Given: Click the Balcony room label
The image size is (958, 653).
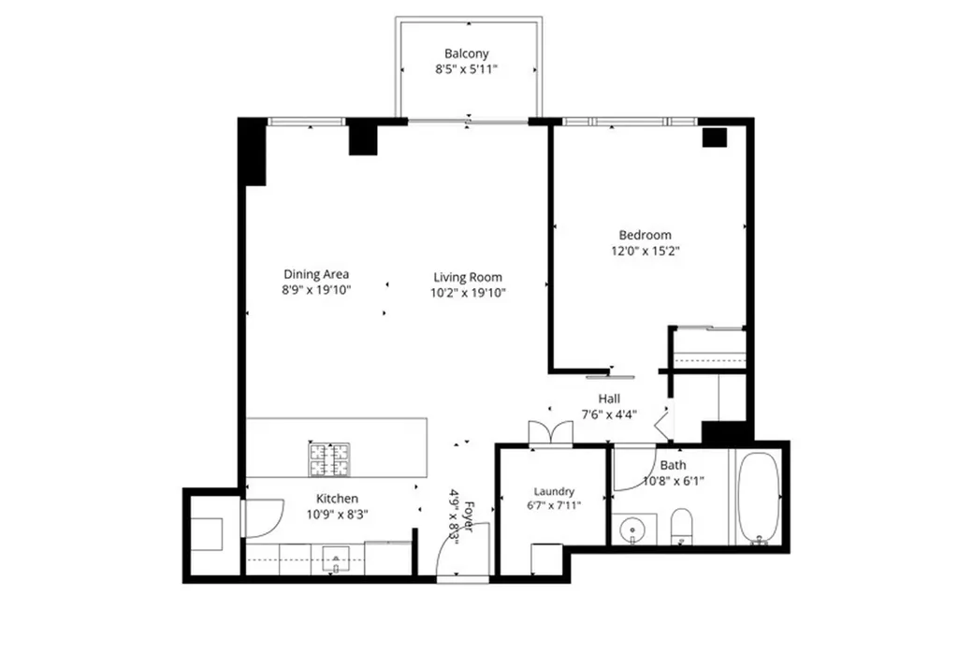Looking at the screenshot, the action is tap(466, 53).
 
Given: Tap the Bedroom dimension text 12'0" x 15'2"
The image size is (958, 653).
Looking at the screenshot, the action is tap(646, 251).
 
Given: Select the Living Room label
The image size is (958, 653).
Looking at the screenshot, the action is tap(468, 277).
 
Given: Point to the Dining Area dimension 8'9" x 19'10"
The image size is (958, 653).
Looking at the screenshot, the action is tap(316, 289).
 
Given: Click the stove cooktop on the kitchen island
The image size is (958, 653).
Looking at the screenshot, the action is tap(329, 459).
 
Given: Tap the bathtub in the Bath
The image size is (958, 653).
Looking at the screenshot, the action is tap(758, 498).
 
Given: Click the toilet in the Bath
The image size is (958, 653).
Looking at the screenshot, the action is tap(681, 526).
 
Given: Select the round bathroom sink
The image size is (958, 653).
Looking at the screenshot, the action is tap(631, 529).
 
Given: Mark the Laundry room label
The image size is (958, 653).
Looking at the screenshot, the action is tap(554, 491).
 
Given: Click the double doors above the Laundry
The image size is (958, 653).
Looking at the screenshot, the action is tap(551, 432).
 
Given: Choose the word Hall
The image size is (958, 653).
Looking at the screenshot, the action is tap(608, 399).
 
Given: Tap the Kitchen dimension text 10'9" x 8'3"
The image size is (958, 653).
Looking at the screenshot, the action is tap(337, 515).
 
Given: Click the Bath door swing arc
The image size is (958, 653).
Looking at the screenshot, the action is tap(634, 469).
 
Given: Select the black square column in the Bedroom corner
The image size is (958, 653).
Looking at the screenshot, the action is tap(714, 138).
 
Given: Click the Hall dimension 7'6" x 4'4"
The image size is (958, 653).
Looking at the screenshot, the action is tap(608, 414).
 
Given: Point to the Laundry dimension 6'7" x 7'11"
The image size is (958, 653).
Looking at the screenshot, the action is tap(554, 505).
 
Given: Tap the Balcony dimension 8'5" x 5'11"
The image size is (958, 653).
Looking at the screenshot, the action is tap(466, 69).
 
